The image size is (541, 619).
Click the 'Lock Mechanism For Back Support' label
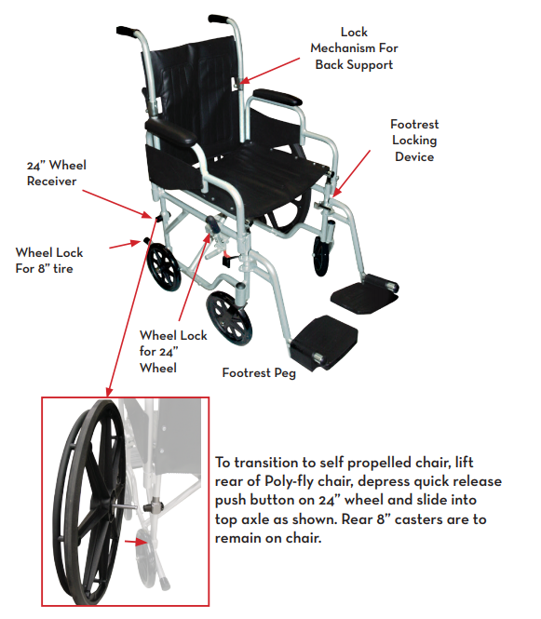pyautogui.click(x=354, y=48)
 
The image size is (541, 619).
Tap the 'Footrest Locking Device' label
pyautogui.click(x=414, y=141)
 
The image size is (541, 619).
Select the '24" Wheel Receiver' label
pyautogui.click(x=56, y=173)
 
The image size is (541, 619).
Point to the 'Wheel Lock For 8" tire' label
pyautogui.click(x=49, y=261)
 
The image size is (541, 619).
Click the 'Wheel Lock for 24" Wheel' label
pyautogui.click(x=173, y=352)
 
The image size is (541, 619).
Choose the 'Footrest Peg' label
pyautogui.click(x=259, y=372)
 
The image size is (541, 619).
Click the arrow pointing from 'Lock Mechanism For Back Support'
pyautogui.click(x=269, y=71)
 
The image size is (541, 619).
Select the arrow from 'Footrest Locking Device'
pyautogui.click(x=351, y=173)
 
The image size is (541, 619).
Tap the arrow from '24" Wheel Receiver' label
pyautogui.click(x=117, y=204)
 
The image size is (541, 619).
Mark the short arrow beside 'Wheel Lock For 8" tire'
pyautogui.click(x=125, y=245)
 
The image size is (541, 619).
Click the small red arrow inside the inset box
pyautogui.click(x=136, y=542)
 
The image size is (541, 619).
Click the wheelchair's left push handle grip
pyautogui.click(x=128, y=32)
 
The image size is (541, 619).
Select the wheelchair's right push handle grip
pyautogui.click(x=219, y=19)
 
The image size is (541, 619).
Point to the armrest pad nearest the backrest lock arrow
pyautogui.click(x=277, y=97)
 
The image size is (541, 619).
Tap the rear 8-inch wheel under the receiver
pyautogui.click(x=164, y=267)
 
